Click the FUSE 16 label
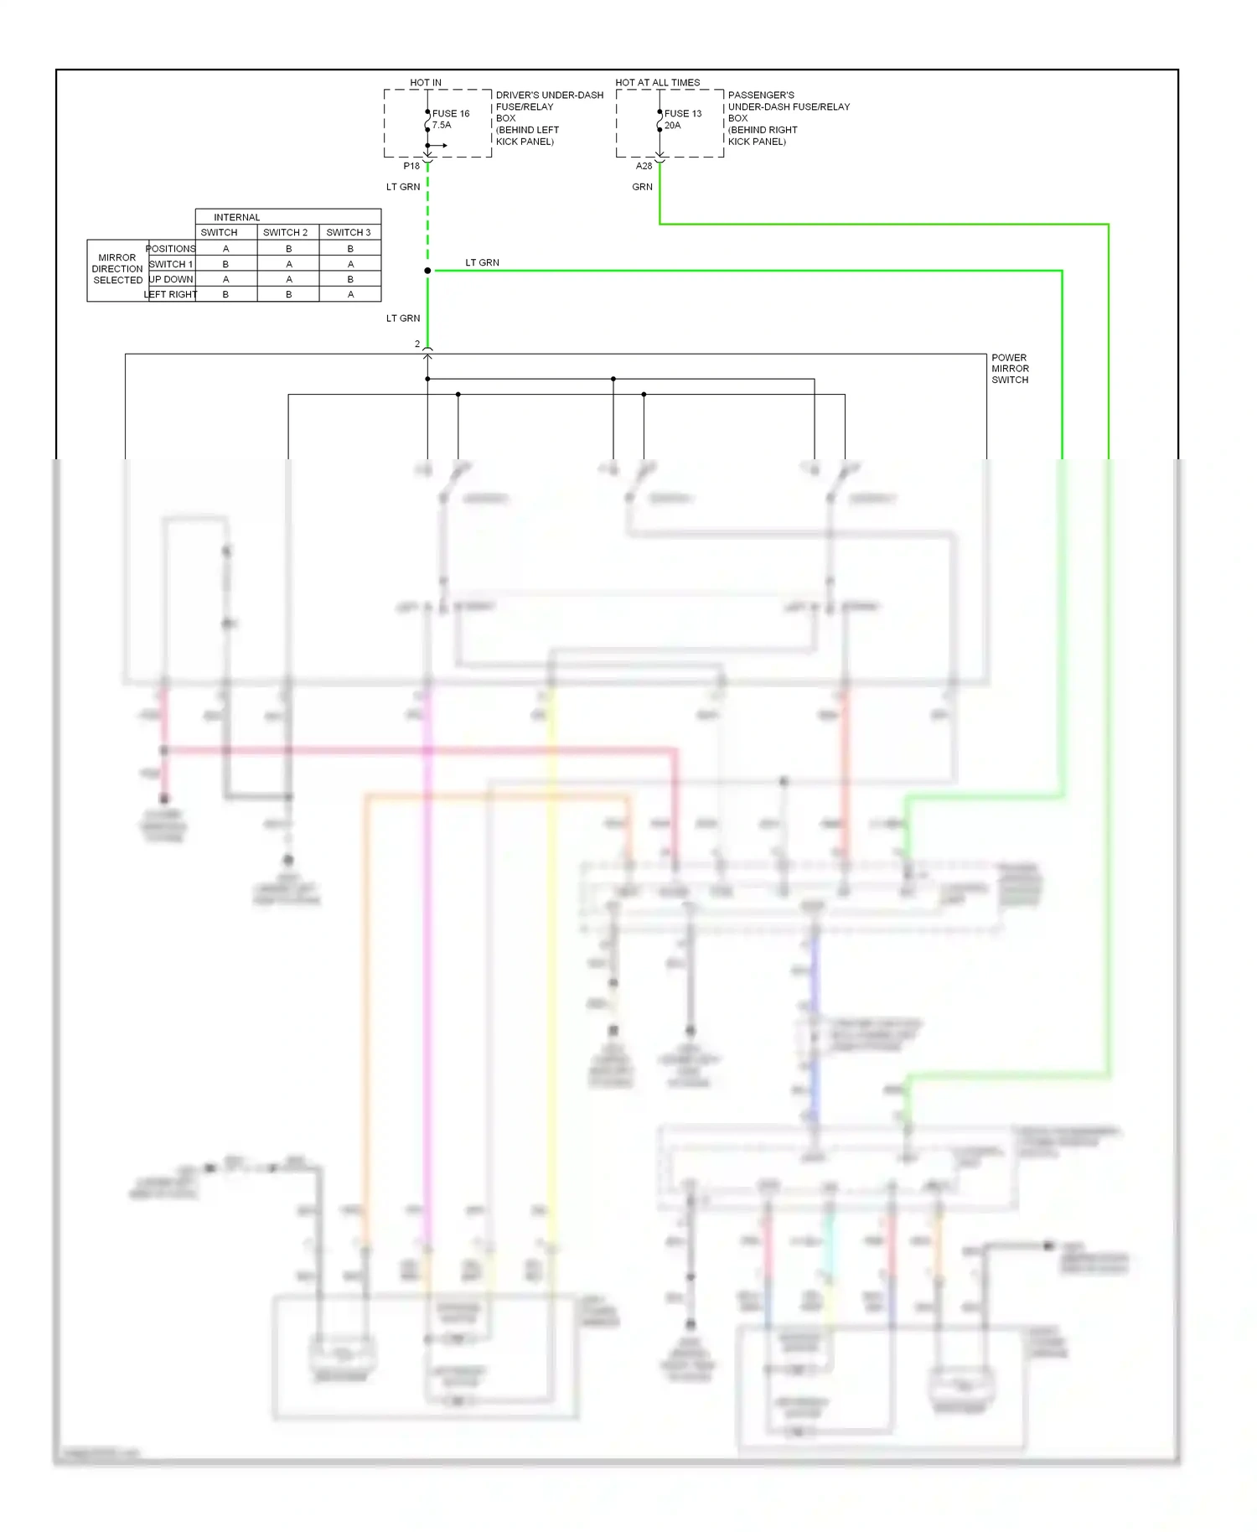(451, 113)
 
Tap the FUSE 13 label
(683, 113)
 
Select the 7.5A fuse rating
(442, 125)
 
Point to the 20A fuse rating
(672, 125)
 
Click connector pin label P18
(411, 166)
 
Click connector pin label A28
(644, 166)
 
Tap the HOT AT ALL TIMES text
(657, 82)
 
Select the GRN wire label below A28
(642, 187)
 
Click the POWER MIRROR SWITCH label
(1010, 369)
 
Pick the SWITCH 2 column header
(285, 232)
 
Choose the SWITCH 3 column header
(348, 232)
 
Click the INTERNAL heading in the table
(236, 217)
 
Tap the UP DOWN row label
(171, 279)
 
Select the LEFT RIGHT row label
(170, 294)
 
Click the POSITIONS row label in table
(170, 248)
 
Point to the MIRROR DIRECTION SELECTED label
(117, 269)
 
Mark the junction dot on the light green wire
(427, 271)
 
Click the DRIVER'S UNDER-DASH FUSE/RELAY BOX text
(549, 118)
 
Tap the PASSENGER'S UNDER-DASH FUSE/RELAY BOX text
(788, 118)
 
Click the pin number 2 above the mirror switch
(417, 344)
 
